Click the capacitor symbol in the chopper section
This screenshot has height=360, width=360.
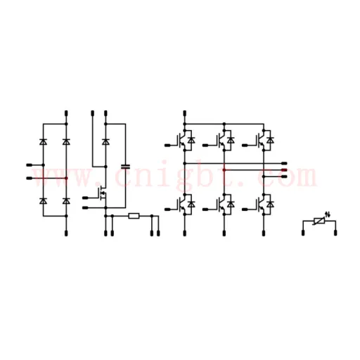click(125, 167)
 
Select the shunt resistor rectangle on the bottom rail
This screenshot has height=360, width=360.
click(134, 216)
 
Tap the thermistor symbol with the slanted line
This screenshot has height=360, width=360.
click(319, 221)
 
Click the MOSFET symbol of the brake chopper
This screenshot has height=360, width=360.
click(103, 193)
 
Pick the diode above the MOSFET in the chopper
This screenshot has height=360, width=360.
click(105, 142)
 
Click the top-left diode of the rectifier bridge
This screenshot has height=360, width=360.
click(43, 142)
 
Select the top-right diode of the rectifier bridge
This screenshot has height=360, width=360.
click(66, 142)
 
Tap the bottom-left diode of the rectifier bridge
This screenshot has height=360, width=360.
click(43, 201)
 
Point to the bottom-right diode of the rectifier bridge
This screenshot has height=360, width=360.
click(66, 201)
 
